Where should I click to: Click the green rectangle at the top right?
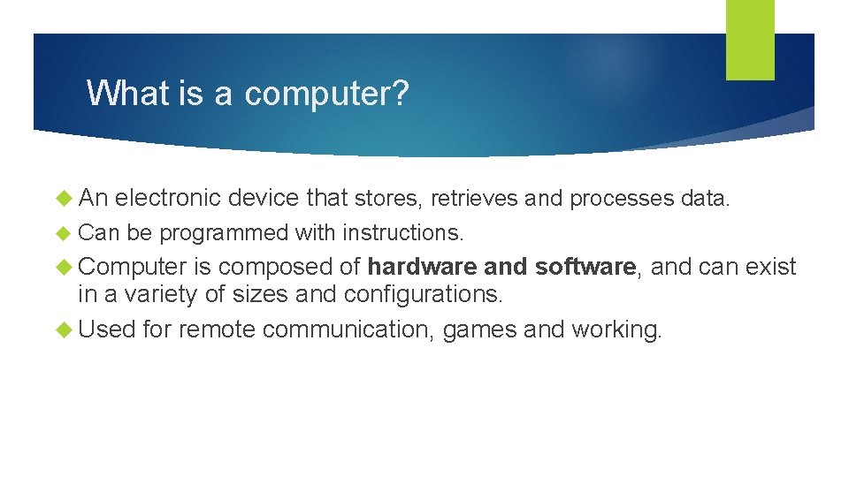(x=750, y=40)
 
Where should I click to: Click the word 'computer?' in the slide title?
(x=326, y=93)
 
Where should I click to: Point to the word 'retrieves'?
(x=474, y=199)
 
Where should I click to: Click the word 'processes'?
(x=623, y=199)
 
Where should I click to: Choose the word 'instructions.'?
(x=402, y=233)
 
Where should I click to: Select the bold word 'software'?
(x=585, y=267)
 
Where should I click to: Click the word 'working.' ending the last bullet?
(x=616, y=329)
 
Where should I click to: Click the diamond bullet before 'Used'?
(x=64, y=329)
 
